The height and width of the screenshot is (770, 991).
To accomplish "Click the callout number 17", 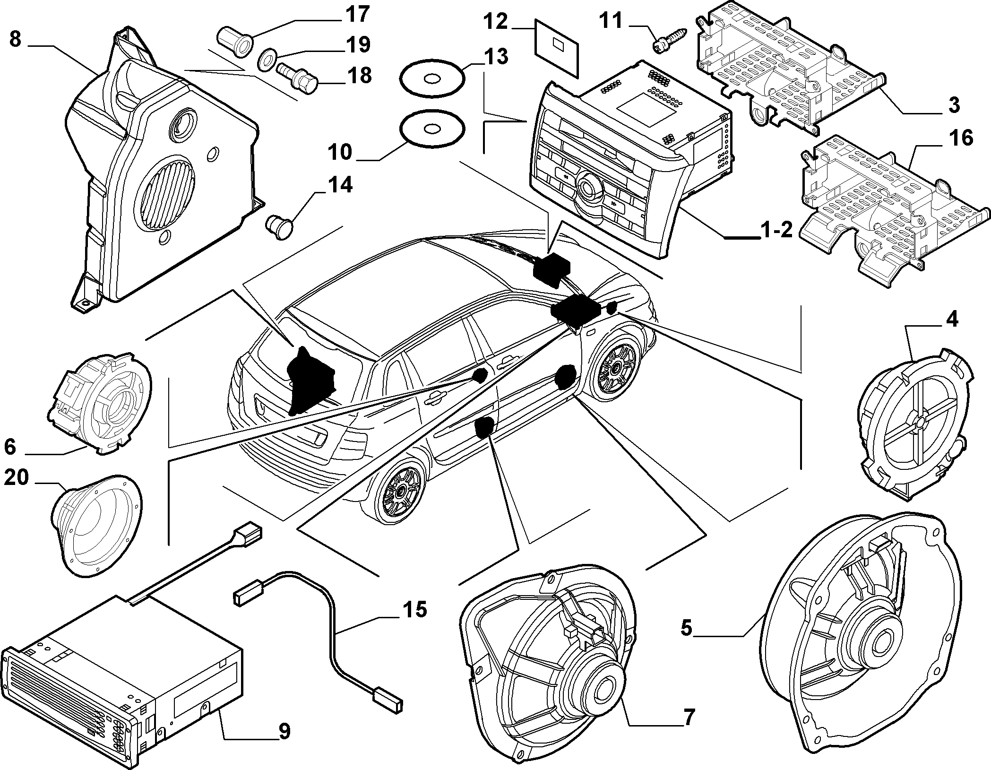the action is pyautogui.click(x=357, y=14).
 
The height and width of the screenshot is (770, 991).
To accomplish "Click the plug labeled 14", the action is pyautogui.click(x=280, y=225).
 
